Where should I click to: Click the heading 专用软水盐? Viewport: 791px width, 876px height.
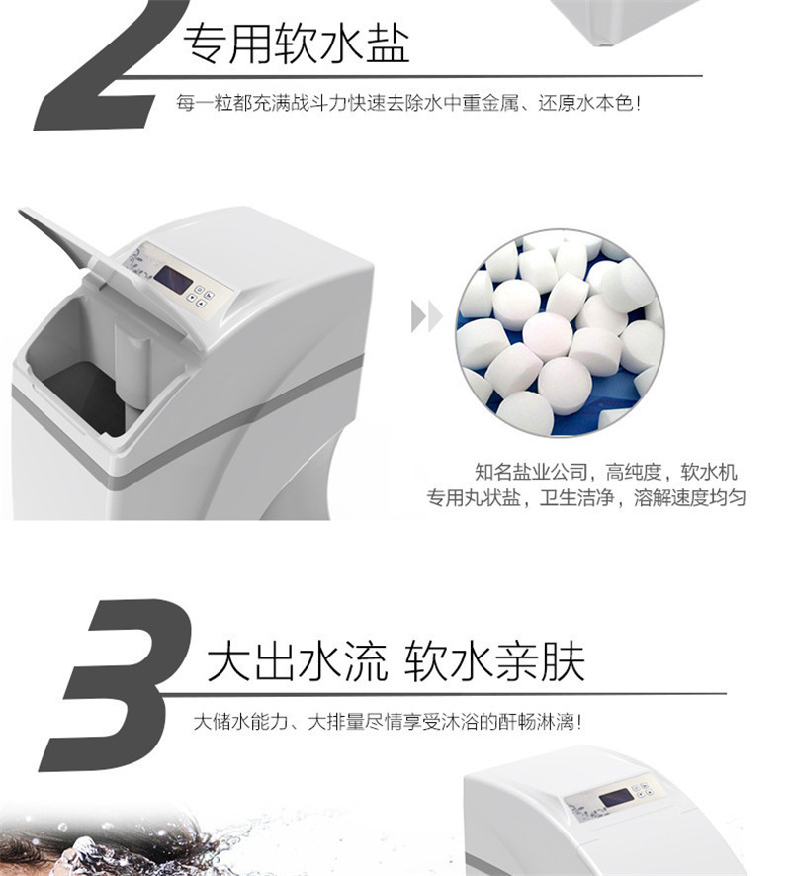tap(297, 44)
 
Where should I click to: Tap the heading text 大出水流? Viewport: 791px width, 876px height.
tap(297, 661)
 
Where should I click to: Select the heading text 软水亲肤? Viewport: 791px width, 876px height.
tap(494, 661)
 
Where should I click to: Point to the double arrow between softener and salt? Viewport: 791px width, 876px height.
tap(427, 316)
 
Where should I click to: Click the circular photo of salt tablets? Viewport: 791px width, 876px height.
tap(561, 333)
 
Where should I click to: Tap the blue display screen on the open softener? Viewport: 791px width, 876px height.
tap(173, 280)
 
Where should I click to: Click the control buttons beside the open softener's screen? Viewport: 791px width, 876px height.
tap(200, 296)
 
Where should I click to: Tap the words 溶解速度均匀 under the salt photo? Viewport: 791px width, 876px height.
tap(690, 497)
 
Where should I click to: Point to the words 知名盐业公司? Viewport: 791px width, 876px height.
tap(531, 472)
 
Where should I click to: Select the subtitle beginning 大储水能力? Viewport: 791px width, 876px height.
tap(388, 722)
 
